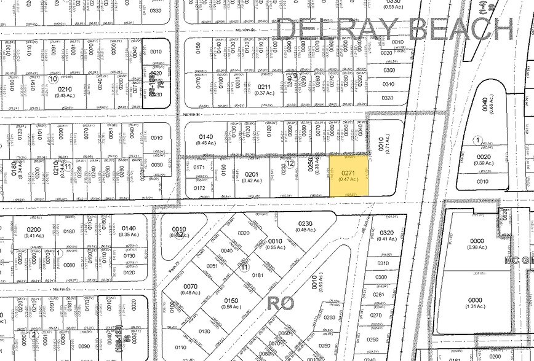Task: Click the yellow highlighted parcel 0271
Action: tap(349, 176)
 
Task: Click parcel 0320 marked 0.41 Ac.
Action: tap(386, 236)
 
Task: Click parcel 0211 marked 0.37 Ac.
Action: tap(265, 90)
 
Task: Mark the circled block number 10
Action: tap(53, 79)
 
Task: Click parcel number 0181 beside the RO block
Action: tap(257, 276)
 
